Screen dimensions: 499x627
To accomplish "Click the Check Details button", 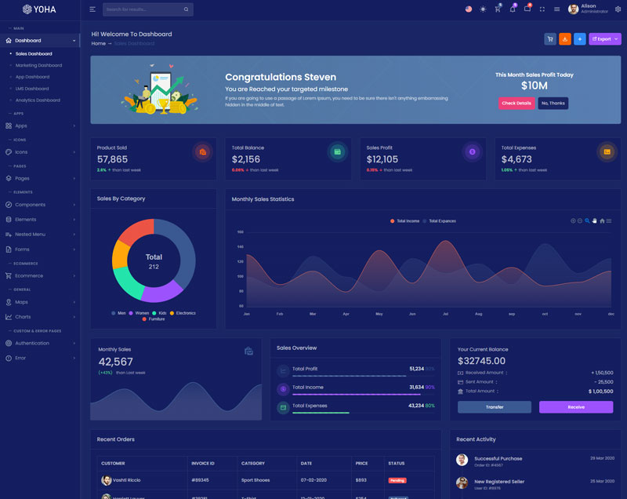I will click(516, 103).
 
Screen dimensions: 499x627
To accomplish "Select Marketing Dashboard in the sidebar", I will click(38, 65).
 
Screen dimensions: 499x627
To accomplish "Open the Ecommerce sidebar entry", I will click(29, 275).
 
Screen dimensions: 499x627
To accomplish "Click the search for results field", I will click(143, 9).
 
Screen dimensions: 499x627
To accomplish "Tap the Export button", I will click(604, 38).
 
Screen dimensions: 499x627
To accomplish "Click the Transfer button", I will click(495, 407).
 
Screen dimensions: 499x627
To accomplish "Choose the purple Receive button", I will click(576, 407).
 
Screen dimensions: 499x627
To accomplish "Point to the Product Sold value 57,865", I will click(112, 159).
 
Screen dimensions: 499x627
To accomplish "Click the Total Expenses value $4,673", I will click(516, 159).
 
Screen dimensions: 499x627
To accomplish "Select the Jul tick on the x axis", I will click(446, 314).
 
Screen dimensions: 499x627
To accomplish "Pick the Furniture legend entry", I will click(156, 319).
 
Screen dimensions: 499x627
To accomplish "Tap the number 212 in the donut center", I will click(154, 267).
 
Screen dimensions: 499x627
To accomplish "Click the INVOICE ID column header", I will click(202, 463).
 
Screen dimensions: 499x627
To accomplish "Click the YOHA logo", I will click(38, 9).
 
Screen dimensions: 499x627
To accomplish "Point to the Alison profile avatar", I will click(574, 9).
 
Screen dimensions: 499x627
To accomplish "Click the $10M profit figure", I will click(534, 86).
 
